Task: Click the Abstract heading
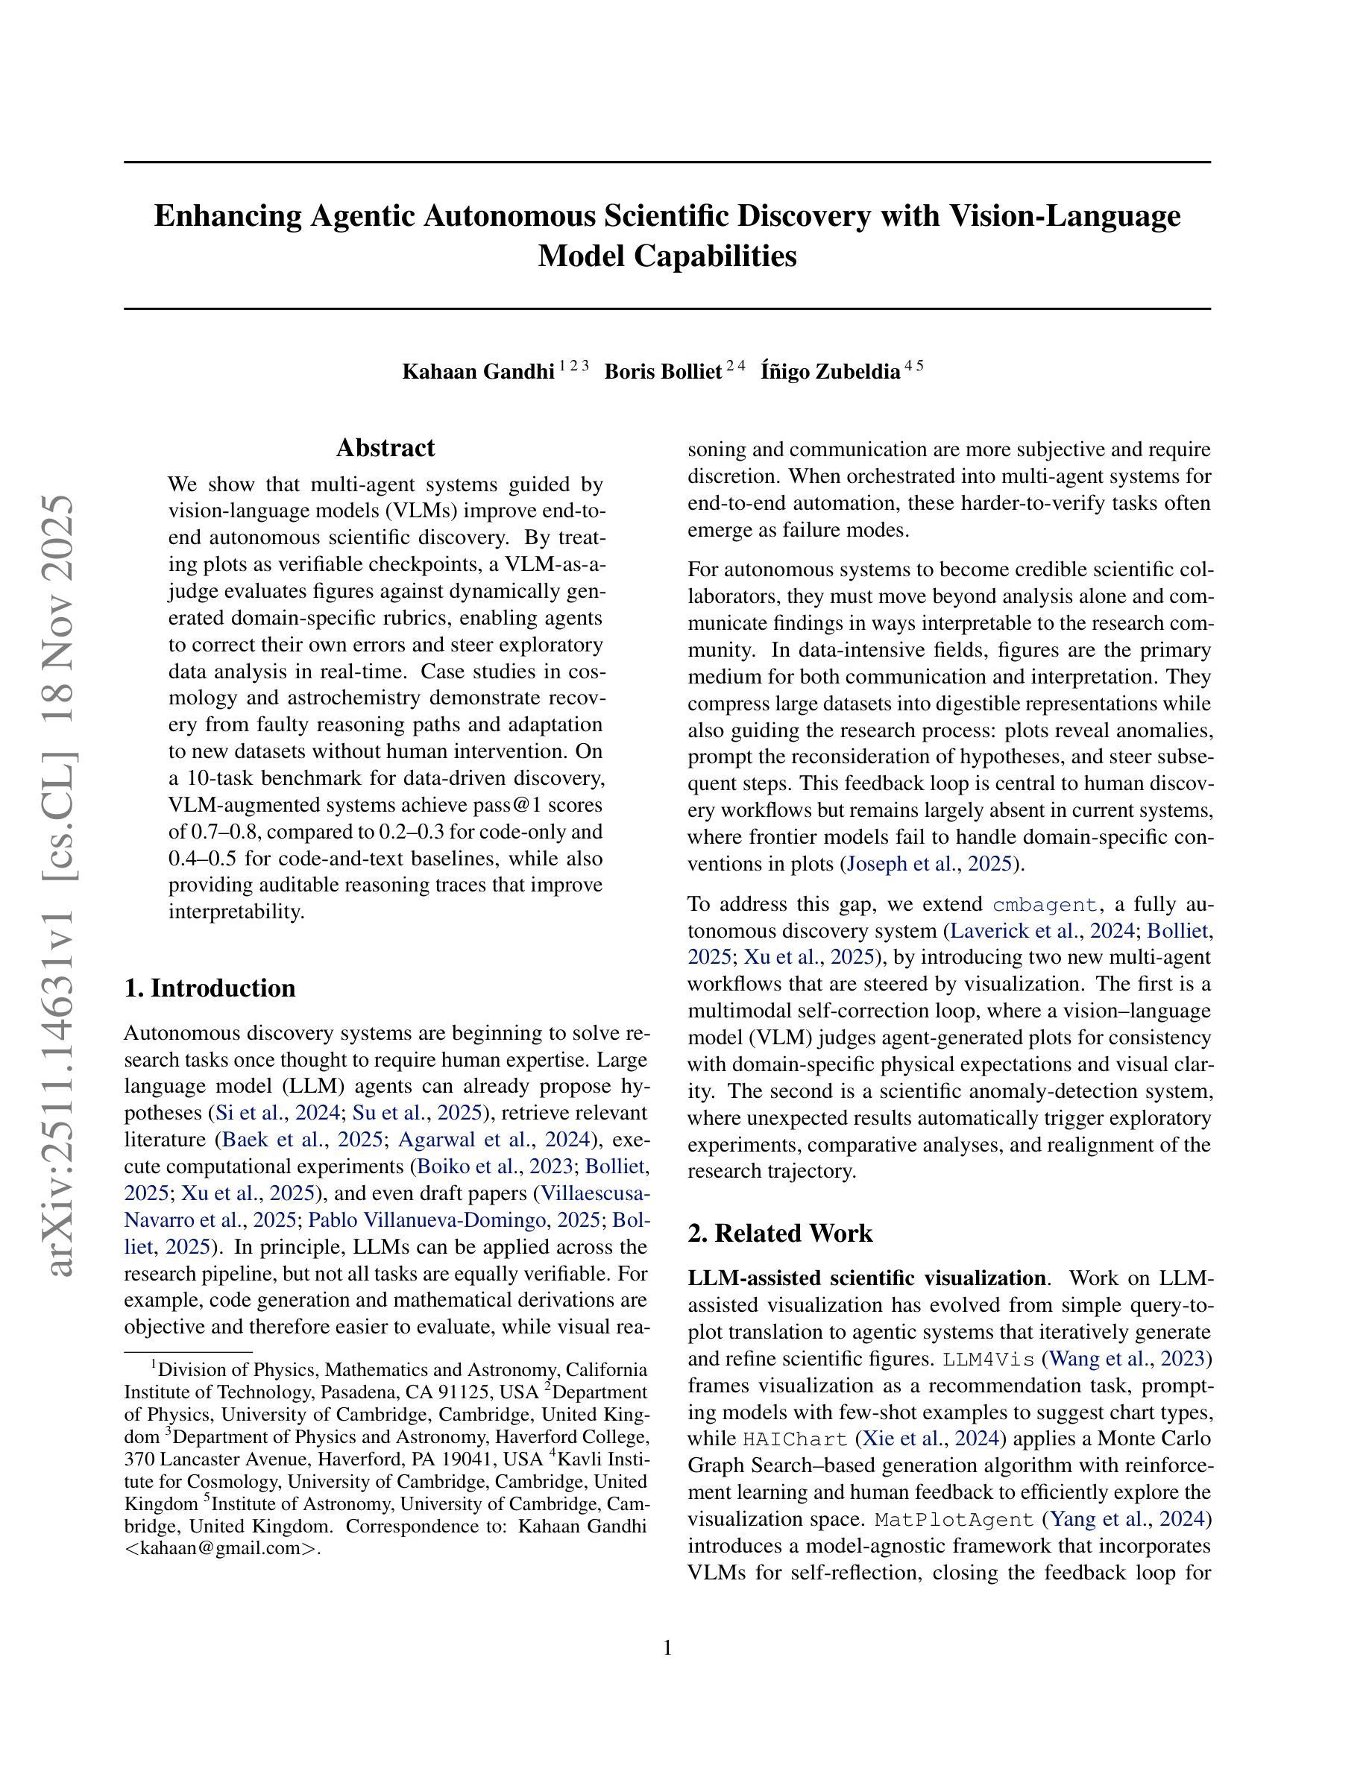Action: (385, 448)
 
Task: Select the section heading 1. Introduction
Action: (210, 988)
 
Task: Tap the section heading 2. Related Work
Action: (780, 1233)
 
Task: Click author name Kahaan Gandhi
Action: (479, 371)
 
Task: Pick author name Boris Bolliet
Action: (663, 371)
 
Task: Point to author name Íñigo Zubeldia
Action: (831, 371)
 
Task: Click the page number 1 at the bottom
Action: (667, 1648)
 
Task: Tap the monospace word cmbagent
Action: (1046, 904)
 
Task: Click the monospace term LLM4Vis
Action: (989, 1358)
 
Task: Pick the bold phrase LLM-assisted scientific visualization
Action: (866, 1278)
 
